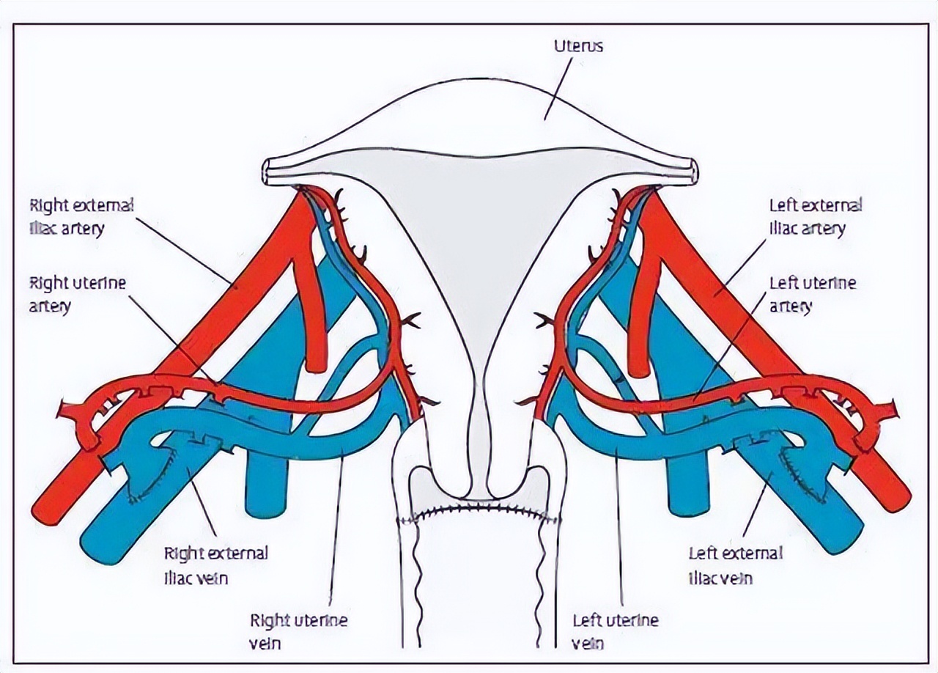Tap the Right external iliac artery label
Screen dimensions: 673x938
pos(81,216)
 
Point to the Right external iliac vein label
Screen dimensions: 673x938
pos(215,564)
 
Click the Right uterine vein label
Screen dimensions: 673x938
pos(298,631)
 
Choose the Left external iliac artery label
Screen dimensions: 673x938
pos(815,216)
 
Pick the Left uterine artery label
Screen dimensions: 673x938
pos(812,293)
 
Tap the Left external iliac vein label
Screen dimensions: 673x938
pos(735,564)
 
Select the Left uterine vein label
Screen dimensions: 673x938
pos(615,631)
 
